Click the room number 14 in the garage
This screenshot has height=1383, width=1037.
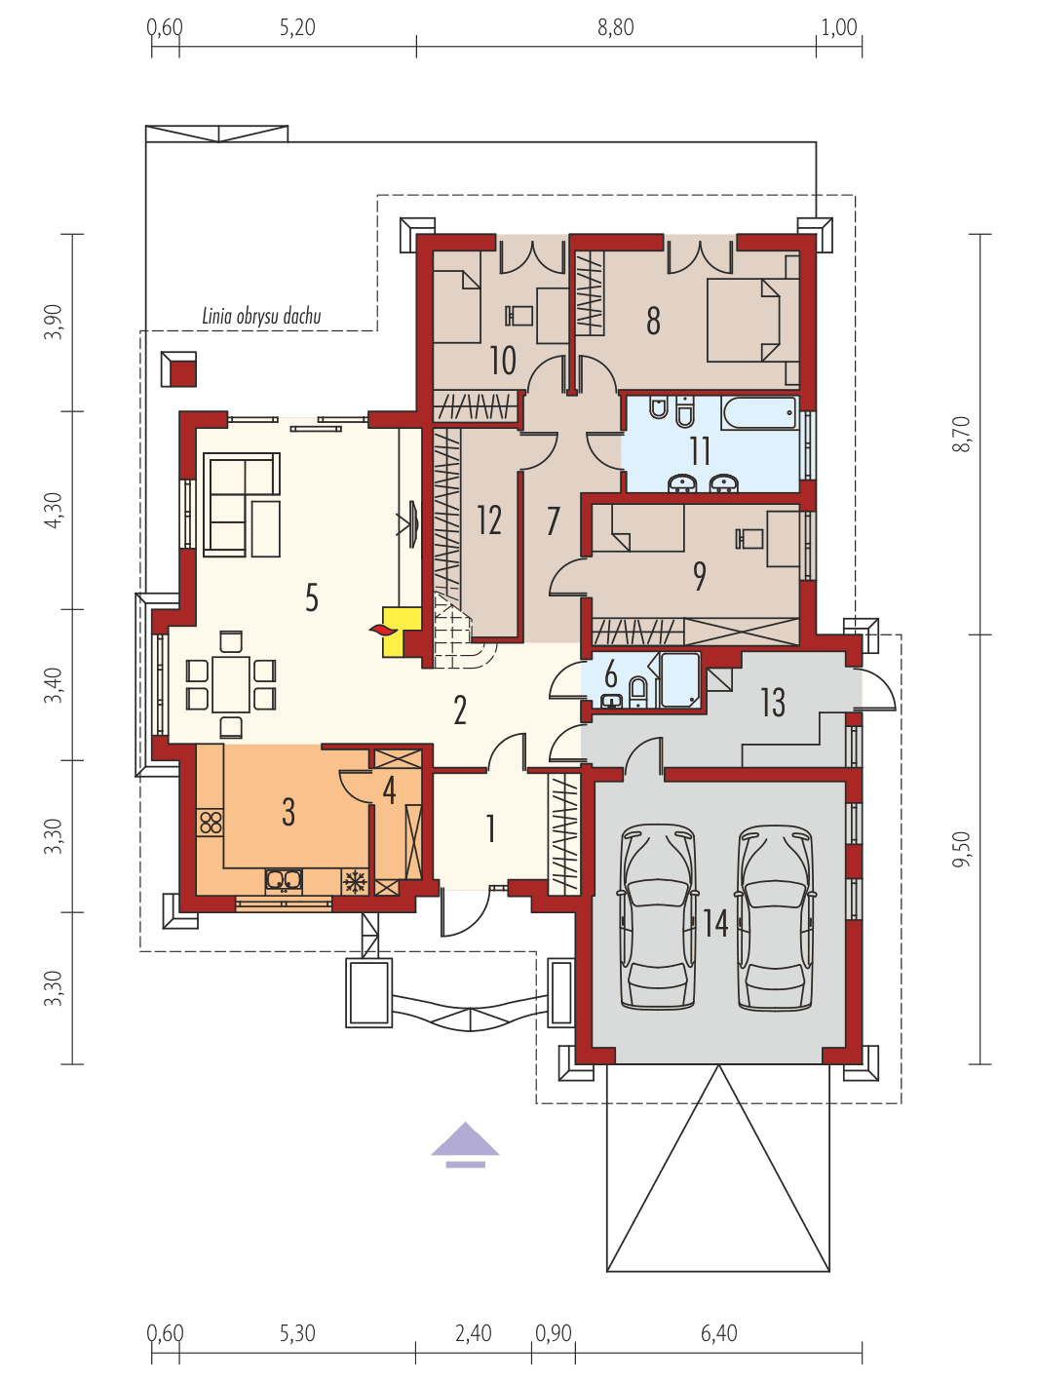(x=716, y=922)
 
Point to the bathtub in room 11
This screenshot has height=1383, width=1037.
(x=759, y=412)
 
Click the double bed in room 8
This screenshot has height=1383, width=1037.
(x=744, y=320)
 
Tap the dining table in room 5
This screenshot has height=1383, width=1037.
(x=231, y=683)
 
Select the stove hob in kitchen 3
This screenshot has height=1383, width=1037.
(x=211, y=822)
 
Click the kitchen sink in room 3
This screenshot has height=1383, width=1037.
(x=284, y=880)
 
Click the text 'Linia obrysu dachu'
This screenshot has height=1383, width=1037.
(x=261, y=316)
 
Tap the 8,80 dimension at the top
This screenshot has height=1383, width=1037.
(x=616, y=27)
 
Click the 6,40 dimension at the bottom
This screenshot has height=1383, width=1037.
(x=719, y=1332)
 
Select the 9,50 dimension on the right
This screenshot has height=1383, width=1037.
(x=963, y=849)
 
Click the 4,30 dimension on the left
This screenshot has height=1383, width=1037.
(x=54, y=510)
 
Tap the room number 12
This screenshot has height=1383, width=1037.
(x=489, y=520)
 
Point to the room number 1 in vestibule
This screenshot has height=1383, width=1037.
(x=491, y=828)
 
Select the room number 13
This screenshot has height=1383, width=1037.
(x=772, y=702)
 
